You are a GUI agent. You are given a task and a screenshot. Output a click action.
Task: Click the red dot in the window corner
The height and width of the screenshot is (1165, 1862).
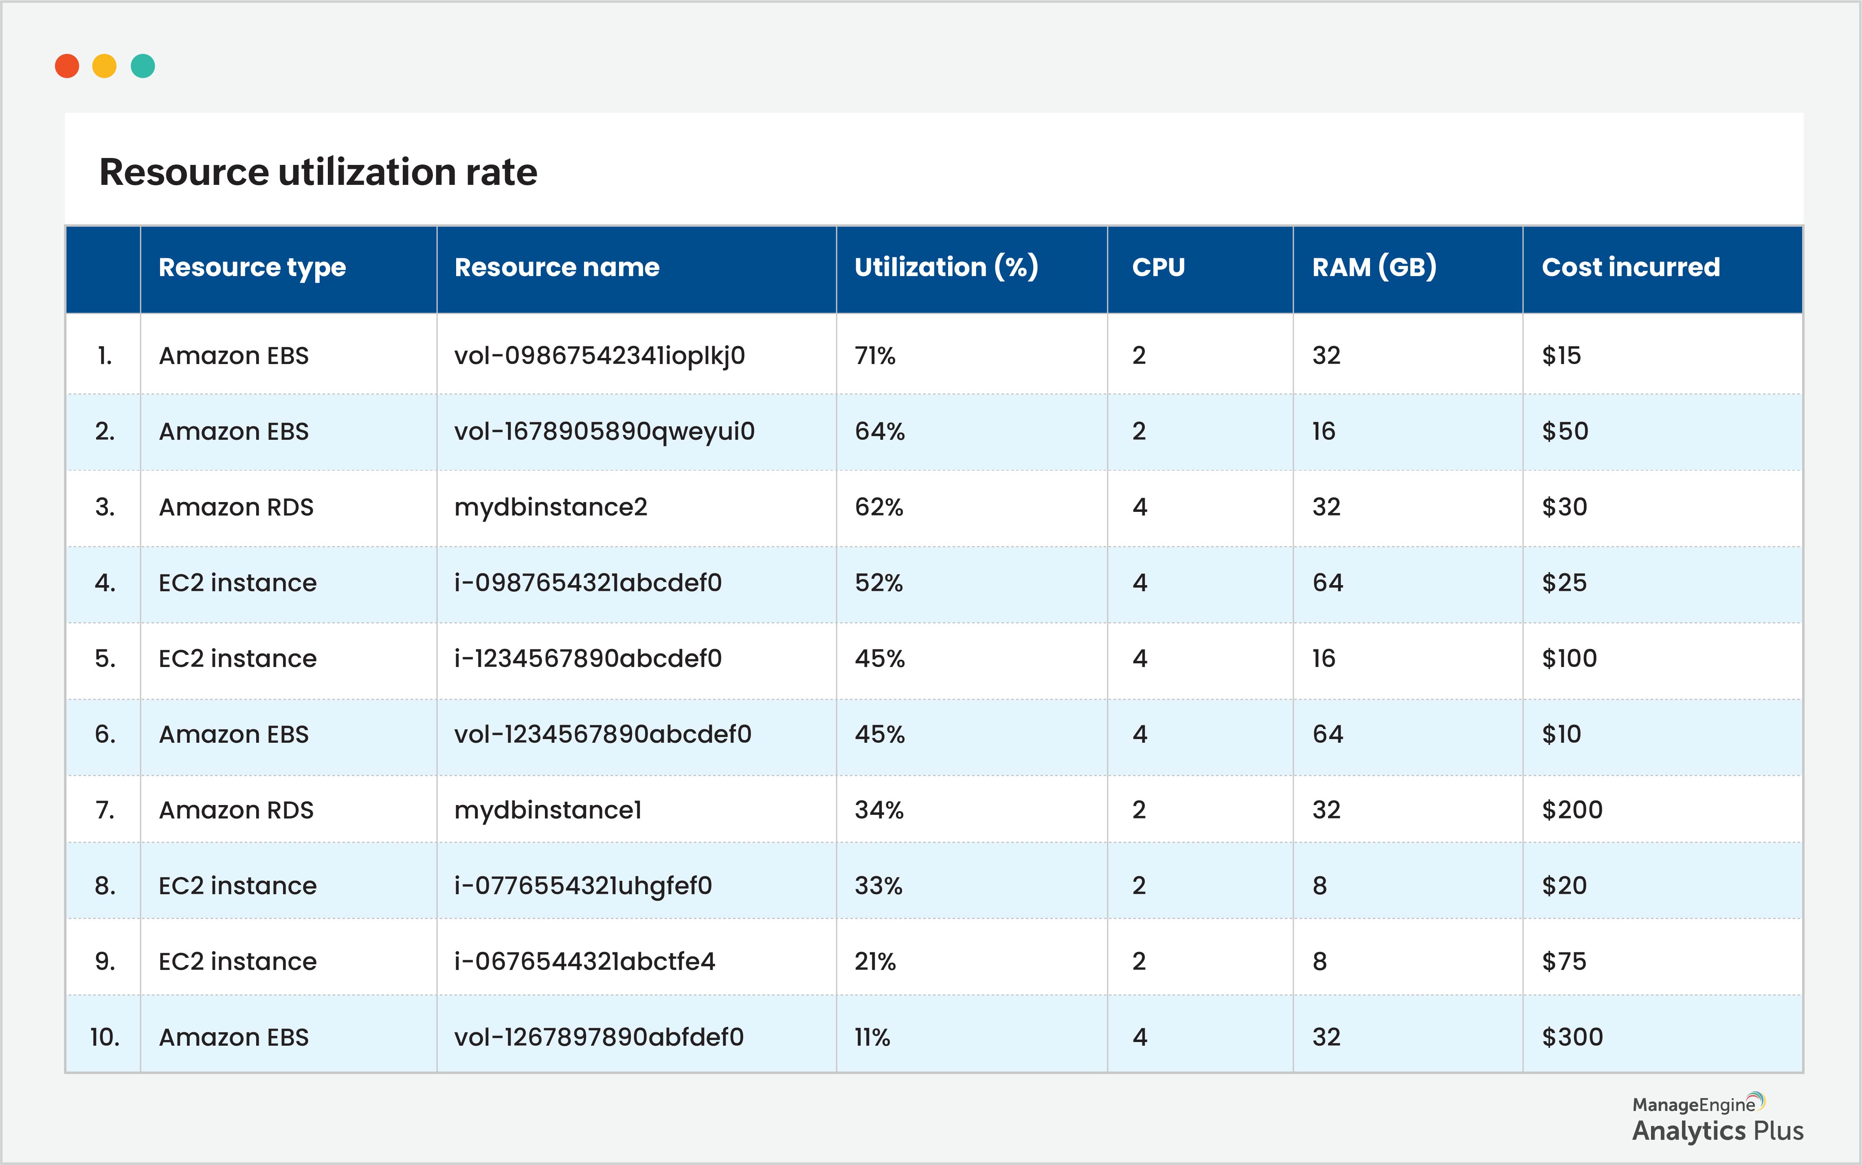[67, 66]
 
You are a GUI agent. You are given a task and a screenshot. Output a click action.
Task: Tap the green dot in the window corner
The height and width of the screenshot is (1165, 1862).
[143, 66]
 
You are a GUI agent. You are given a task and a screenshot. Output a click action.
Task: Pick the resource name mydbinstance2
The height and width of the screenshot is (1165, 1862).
[550, 507]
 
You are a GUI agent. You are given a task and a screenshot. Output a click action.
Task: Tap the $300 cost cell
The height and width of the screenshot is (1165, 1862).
[1572, 1037]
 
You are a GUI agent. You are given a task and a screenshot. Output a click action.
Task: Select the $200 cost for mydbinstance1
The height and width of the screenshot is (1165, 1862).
[1572, 810]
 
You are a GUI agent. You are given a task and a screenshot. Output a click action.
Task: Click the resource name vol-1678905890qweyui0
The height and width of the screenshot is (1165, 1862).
[604, 432]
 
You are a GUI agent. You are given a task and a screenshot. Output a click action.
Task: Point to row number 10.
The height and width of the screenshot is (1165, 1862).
[105, 1037]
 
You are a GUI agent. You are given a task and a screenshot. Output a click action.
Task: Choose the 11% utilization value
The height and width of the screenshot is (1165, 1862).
[872, 1037]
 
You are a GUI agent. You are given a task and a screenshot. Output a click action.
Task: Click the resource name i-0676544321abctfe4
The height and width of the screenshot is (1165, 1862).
[584, 961]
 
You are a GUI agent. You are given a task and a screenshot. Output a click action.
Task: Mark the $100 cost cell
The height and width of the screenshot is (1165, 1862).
[1568, 659]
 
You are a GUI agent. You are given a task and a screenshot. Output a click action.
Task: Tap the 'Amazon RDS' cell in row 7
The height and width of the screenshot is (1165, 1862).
[236, 810]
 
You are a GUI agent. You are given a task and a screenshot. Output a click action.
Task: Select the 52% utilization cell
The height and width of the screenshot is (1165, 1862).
[878, 582]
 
